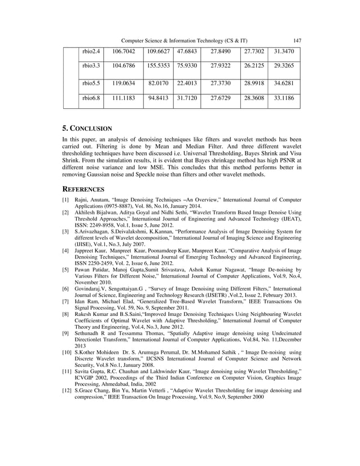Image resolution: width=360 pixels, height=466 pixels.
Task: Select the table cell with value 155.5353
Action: [x=159, y=67]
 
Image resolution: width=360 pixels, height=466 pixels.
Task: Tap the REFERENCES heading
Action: [x=83, y=190]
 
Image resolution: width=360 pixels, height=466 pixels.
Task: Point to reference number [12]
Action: [x=67, y=390]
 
